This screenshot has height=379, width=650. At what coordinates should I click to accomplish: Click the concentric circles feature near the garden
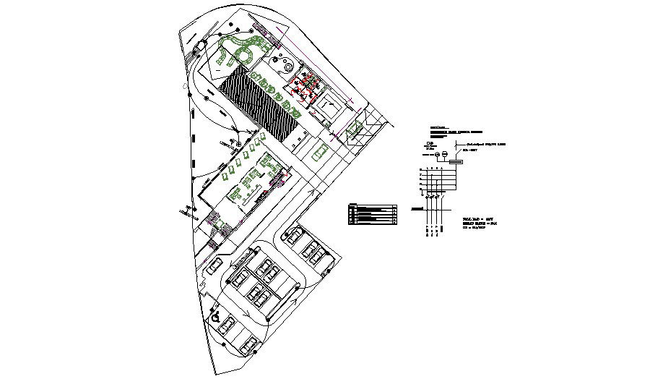point(287,67)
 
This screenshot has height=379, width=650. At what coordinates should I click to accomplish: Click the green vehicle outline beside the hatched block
point(318,152)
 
